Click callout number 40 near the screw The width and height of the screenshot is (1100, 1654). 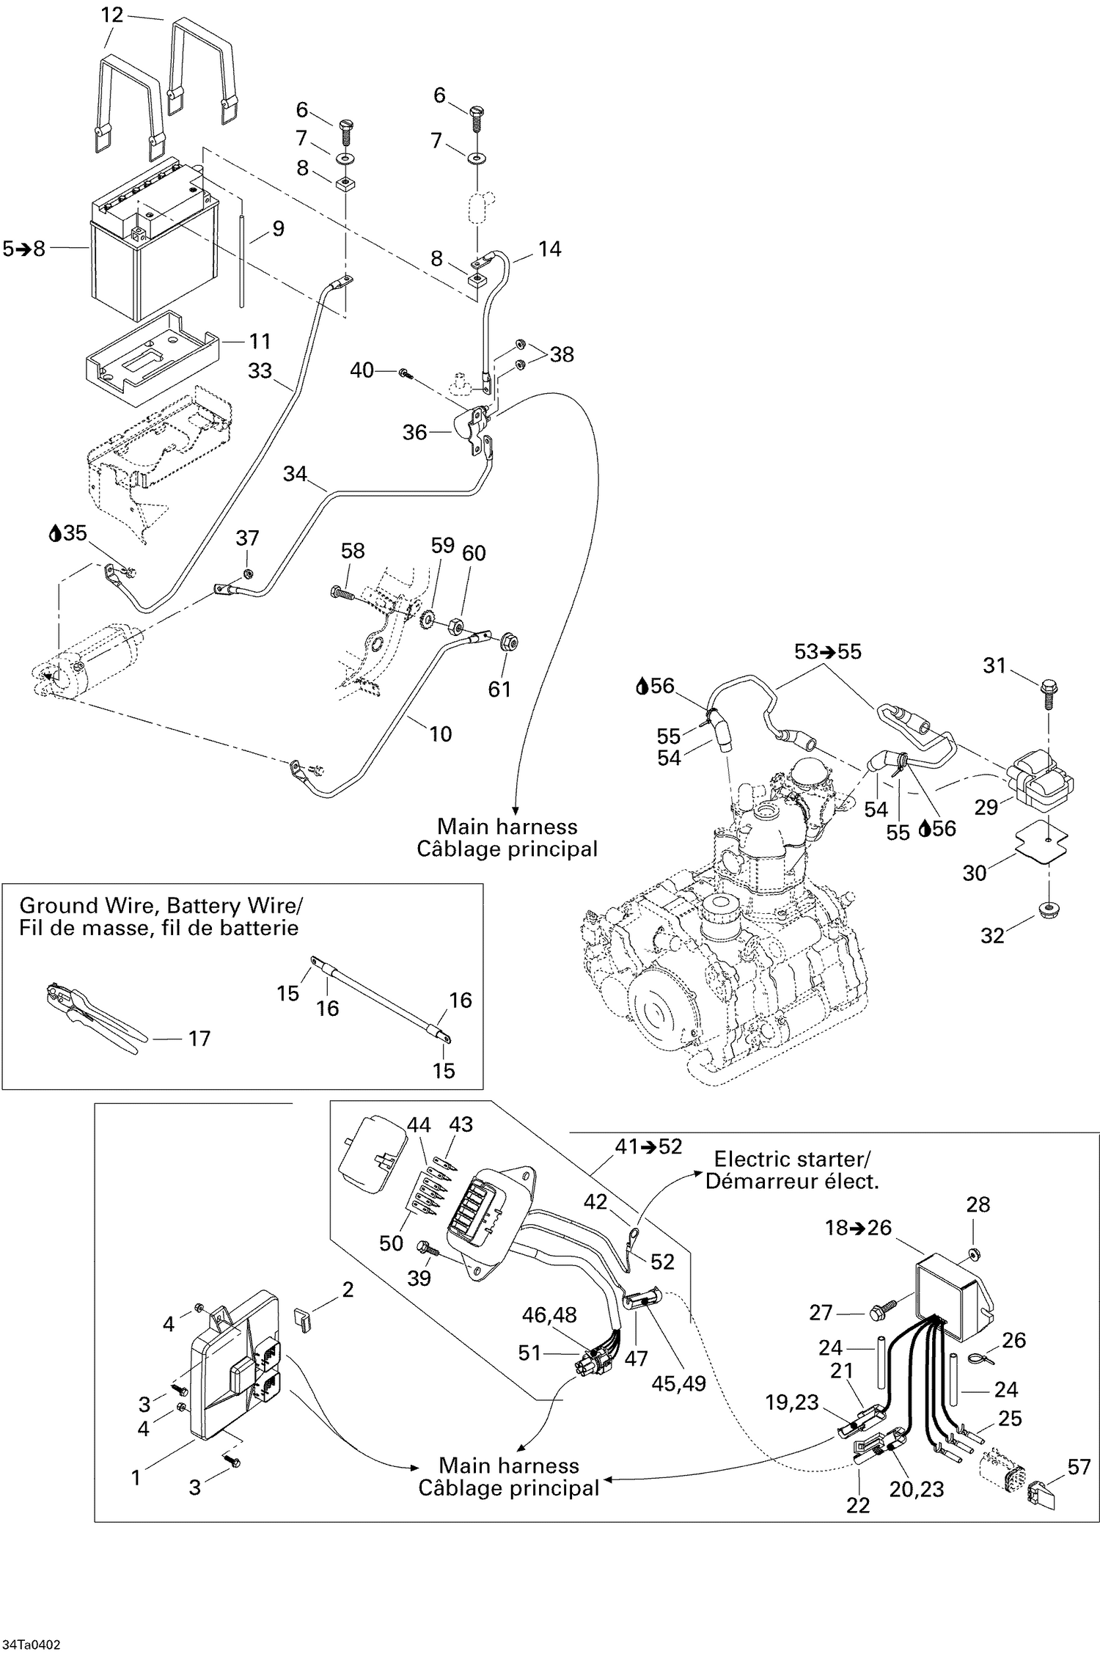[x=362, y=370]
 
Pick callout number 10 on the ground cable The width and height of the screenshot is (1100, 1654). [x=440, y=733]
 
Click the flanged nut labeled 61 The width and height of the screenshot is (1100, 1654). [x=507, y=643]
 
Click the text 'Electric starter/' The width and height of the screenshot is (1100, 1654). [x=791, y=1160]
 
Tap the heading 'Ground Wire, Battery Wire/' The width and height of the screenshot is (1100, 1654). [x=161, y=905]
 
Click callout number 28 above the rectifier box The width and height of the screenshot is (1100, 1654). [x=978, y=1204]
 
